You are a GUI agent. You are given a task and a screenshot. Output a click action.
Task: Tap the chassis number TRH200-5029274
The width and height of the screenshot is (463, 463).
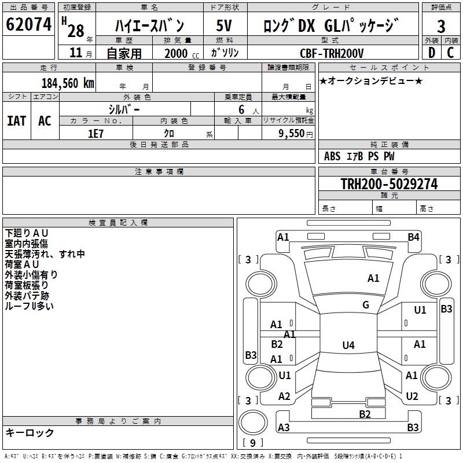click(388, 184)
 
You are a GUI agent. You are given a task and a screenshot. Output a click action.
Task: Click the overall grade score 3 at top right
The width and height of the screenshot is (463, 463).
click(441, 25)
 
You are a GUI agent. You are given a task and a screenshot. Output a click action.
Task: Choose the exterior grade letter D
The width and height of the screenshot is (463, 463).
click(431, 53)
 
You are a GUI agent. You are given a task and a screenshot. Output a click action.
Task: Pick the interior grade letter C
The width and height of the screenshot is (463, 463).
click(450, 53)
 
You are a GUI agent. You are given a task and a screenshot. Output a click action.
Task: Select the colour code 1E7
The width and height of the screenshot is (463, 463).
click(95, 133)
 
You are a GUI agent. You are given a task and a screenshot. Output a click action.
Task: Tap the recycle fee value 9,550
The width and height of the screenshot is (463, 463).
click(292, 133)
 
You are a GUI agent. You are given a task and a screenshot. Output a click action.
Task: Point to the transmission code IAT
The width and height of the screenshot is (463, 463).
click(17, 121)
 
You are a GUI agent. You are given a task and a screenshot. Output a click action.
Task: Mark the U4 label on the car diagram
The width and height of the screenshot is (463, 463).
click(348, 346)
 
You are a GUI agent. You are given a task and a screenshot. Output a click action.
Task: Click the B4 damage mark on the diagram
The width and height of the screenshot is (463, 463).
click(413, 237)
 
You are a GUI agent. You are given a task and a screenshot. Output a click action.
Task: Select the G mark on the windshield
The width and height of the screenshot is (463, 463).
click(366, 305)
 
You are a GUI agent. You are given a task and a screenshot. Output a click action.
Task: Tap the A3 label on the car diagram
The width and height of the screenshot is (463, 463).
click(284, 428)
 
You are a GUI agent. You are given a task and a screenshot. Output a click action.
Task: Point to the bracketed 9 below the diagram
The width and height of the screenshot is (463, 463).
click(252, 443)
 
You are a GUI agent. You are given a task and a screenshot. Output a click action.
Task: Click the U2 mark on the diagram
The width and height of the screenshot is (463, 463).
click(412, 396)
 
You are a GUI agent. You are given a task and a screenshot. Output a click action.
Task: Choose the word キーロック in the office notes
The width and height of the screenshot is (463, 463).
click(30, 432)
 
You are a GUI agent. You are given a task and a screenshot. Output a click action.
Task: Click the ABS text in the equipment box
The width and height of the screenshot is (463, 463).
click(332, 156)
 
